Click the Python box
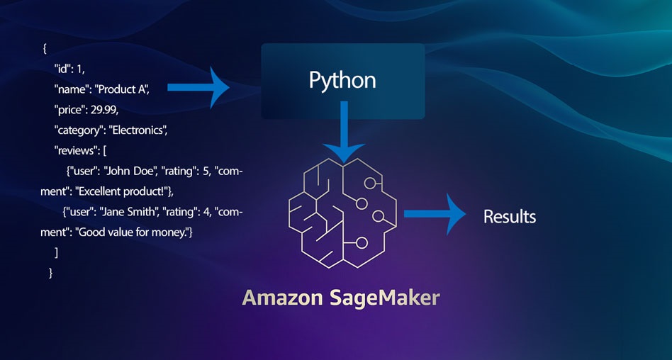(x=342, y=81)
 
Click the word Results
(x=510, y=216)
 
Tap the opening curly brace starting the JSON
(x=44, y=49)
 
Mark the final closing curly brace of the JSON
(x=50, y=272)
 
